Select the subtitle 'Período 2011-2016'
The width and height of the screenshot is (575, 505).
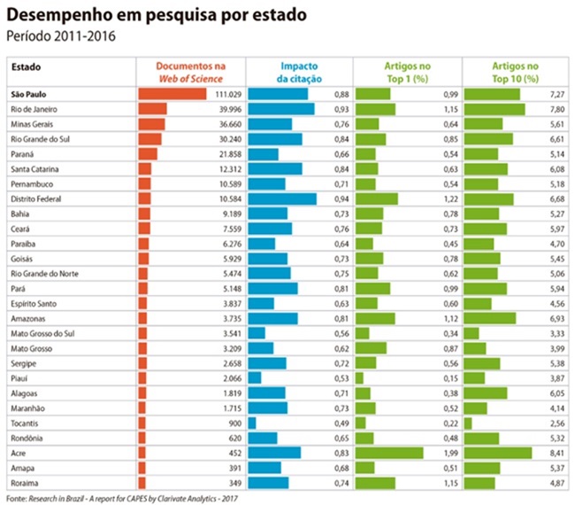60,36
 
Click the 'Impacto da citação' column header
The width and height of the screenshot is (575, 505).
299,72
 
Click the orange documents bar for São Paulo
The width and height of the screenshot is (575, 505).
172,94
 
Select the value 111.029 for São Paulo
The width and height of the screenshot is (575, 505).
225,94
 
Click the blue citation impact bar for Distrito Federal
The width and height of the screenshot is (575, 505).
282,198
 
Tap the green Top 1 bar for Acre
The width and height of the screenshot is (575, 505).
392,453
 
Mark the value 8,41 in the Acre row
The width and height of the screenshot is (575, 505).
556,453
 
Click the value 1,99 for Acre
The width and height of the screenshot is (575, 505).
449,453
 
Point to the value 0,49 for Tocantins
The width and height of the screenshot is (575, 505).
340,423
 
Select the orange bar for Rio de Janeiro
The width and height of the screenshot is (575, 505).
152,109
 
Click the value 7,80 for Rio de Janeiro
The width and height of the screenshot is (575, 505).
556,109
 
